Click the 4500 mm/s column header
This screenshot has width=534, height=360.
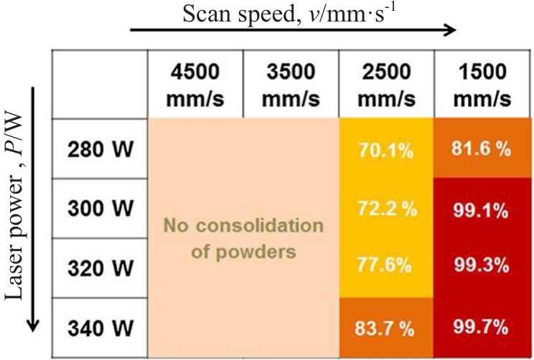coord(195,84)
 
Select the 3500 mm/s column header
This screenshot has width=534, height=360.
coord(291,84)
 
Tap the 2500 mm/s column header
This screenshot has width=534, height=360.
coord(387,84)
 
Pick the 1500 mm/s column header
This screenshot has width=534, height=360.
coord(482,84)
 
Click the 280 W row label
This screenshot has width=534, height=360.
coord(100,151)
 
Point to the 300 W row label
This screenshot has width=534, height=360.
coord(100,209)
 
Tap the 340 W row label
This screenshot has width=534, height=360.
coord(100,328)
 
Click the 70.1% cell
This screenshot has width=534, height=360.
coord(386,151)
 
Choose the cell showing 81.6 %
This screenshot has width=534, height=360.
coord(482,151)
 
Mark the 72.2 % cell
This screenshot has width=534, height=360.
coord(386,209)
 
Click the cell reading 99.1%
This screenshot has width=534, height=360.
coord(482,209)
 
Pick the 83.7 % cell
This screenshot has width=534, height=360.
coord(386,327)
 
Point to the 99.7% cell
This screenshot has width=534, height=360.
coord(482,327)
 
